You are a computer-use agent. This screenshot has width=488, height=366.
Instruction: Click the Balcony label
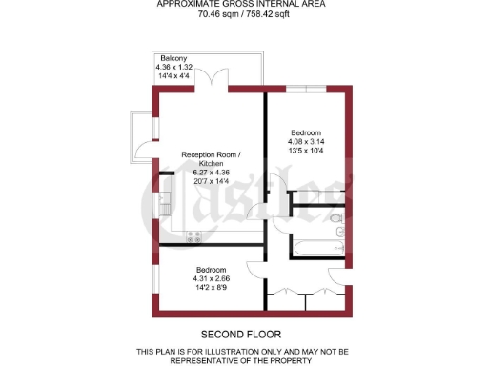[173, 58]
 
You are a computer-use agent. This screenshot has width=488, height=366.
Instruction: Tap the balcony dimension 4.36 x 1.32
[173, 67]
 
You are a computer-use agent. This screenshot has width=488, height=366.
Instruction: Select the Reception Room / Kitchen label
[213, 154]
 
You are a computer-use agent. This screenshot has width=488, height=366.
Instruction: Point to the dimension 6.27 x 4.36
[213, 172]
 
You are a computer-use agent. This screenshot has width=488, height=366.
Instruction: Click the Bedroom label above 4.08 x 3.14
[307, 132]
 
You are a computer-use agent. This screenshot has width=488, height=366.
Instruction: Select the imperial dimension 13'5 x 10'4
[307, 150]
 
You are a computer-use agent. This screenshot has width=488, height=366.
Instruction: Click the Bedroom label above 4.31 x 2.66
[211, 269]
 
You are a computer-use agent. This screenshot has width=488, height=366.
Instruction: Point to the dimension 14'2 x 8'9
[211, 286]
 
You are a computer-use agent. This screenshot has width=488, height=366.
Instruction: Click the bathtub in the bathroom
[312, 247]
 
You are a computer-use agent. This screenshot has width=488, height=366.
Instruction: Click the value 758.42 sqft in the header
[267, 15]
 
